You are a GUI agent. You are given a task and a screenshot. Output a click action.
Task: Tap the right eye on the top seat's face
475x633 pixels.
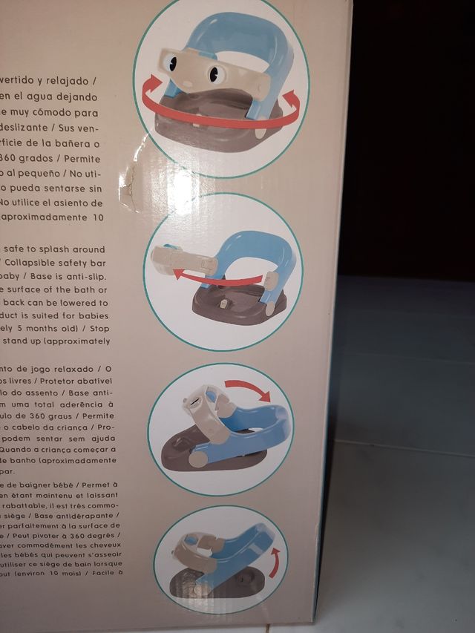[x=214, y=74]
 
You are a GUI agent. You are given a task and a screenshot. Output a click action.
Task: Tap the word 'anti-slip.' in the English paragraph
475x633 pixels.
[x=88, y=276]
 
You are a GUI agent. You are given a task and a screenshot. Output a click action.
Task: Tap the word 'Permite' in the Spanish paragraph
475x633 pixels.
[x=98, y=157]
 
